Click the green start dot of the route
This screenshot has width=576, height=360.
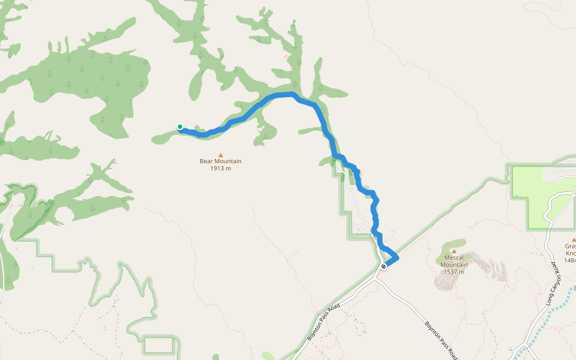click(x=179, y=126)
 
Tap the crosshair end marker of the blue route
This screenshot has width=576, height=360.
click(x=383, y=266)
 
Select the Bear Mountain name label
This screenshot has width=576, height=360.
click(x=221, y=161)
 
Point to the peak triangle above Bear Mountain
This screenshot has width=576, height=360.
click(x=221, y=154)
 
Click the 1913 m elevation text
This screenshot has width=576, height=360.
click(x=221, y=169)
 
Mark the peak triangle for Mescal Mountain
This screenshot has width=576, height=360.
click(x=454, y=251)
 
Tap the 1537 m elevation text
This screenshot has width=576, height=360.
click(x=454, y=272)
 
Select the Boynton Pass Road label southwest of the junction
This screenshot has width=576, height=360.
click(x=324, y=323)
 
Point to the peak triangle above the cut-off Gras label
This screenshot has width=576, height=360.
click(x=573, y=239)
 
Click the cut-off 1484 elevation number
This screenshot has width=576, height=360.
click(x=570, y=260)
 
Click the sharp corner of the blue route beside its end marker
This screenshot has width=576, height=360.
click(x=397, y=258)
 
